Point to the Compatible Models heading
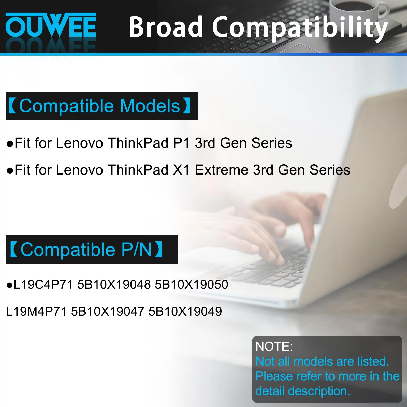(102, 106)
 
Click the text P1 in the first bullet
(181, 143)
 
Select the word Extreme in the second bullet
(222, 170)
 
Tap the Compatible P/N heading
(92, 249)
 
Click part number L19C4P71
(43, 284)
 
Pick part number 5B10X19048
(114, 284)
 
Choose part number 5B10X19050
(192, 284)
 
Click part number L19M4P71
(36, 311)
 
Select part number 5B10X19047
(108, 311)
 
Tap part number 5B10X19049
(185, 311)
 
